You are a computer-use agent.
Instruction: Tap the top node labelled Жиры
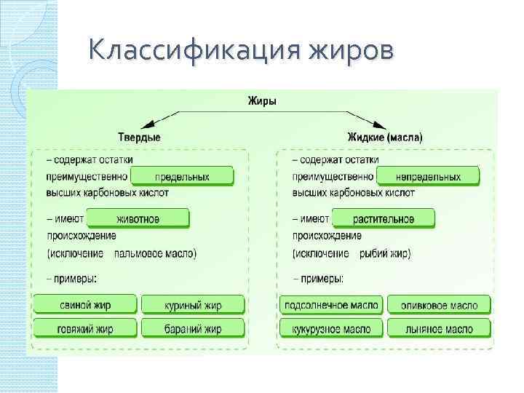click(x=263, y=103)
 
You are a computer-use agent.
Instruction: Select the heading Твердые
click(x=139, y=137)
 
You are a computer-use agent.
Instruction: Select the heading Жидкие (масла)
click(x=385, y=137)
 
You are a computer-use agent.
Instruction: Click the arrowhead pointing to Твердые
click(x=147, y=124)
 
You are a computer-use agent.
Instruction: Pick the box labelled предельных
click(x=182, y=176)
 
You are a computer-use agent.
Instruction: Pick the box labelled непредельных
click(x=428, y=176)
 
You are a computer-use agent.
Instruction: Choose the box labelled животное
click(x=138, y=218)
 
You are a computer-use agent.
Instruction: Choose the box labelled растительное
click(x=384, y=218)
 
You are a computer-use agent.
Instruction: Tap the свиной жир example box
click(x=84, y=304)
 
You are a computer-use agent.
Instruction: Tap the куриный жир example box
click(x=192, y=305)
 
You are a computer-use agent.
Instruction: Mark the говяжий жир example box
click(x=84, y=328)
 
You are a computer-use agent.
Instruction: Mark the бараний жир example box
click(x=192, y=329)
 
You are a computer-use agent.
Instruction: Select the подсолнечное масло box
click(x=331, y=305)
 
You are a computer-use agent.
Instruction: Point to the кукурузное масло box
click(x=331, y=329)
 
